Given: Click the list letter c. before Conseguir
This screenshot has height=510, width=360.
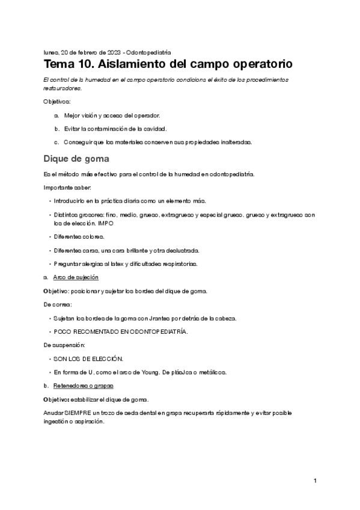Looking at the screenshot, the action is (x=56, y=143).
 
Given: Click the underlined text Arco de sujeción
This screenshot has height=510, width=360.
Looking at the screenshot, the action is (x=76, y=277).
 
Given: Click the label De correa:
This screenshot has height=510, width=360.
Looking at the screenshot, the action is (x=58, y=304).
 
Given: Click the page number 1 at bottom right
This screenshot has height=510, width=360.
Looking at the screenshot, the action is (x=315, y=481).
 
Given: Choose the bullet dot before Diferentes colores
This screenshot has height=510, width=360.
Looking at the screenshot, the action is (x=49, y=236).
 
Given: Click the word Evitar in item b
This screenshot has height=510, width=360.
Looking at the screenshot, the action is (x=72, y=129).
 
